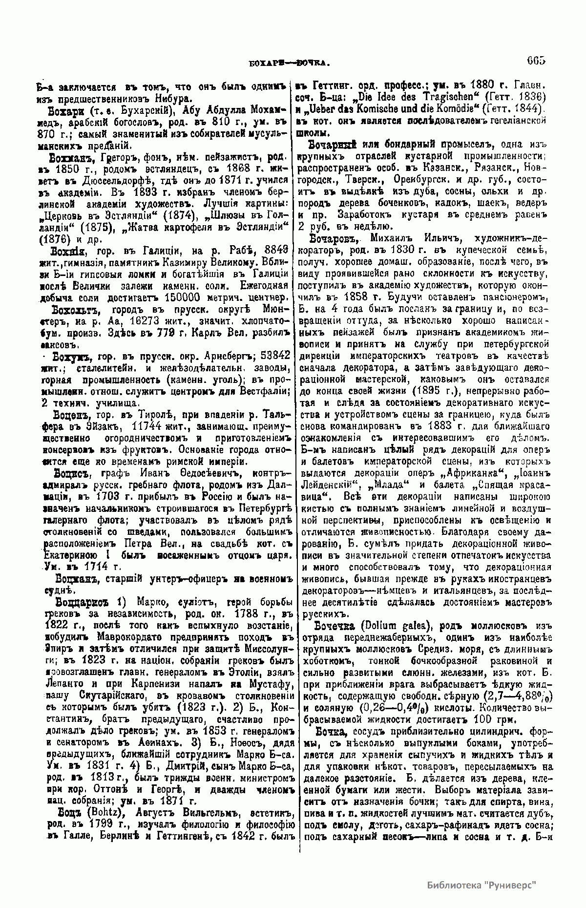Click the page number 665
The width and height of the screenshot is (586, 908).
[535, 61]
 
